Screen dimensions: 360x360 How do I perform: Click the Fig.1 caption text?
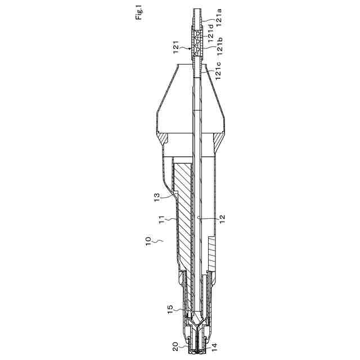(139, 14)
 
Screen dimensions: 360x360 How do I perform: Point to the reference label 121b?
(219, 46)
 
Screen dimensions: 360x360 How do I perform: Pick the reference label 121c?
(218, 71)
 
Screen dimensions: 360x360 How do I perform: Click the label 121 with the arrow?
(176, 47)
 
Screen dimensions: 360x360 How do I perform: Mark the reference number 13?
(156, 197)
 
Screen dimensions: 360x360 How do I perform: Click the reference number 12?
(222, 219)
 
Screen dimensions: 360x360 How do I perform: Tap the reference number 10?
(148, 241)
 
